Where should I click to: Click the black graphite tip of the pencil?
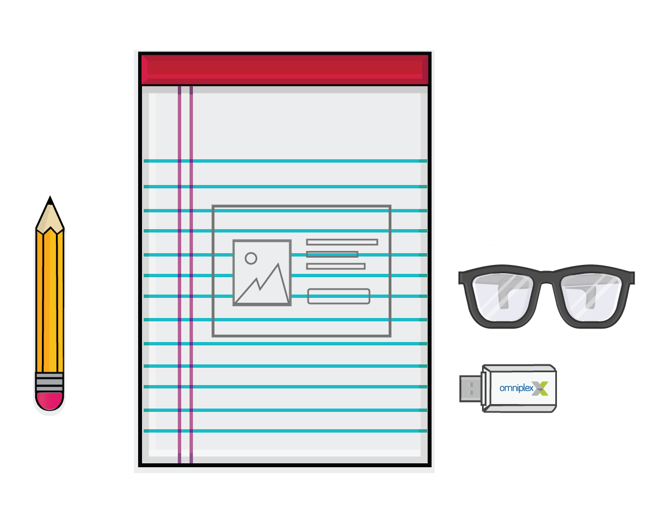click(x=50, y=200)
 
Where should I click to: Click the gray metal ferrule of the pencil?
click(x=49, y=382)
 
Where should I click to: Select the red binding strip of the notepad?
click(x=285, y=69)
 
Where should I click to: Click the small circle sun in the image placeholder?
click(x=251, y=258)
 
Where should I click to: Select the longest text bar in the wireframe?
click(x=342, y=243)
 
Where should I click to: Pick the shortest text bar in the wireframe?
click(x=332, y=254)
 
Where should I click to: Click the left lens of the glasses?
click(x=503, y=297)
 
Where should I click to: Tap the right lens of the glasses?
click(x=591, y=297)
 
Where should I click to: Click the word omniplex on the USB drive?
click(x=516, y=388)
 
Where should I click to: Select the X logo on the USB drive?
click(x=540, y=388)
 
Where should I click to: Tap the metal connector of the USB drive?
click(x=471, y=388)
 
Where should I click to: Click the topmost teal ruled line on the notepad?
click(x=285, y=161)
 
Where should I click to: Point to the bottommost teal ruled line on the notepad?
click(x=285, y=431)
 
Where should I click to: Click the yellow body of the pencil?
click(x=50, y=301)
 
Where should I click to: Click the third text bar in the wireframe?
click(x=336, y=267)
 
